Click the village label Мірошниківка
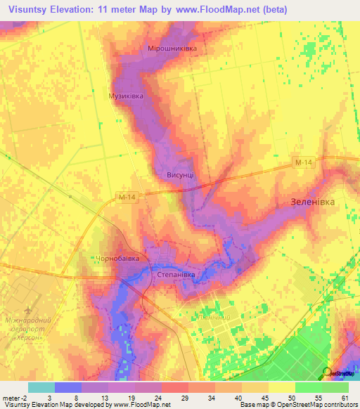(172, 48)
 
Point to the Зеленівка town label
(313, 201)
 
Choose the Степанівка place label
(175, 275)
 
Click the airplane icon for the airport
(27, 310)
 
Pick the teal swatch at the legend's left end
(41, 387)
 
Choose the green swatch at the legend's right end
(335, 387)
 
